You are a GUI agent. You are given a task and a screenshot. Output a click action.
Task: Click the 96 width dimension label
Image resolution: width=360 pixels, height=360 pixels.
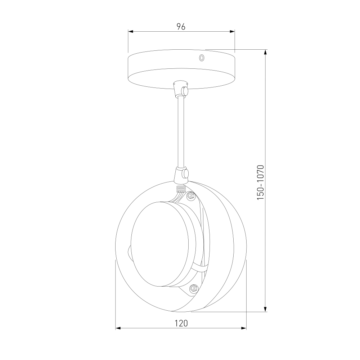point(181,27)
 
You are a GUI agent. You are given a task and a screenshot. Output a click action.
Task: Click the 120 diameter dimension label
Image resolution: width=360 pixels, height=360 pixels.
point(181,323)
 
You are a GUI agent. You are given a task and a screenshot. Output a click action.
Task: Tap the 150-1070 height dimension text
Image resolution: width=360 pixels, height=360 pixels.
point(261,182)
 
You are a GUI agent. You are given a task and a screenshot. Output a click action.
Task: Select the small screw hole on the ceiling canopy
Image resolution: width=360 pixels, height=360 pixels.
point(202,58)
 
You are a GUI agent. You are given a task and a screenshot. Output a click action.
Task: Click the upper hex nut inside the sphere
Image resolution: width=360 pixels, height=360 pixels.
point(191,195)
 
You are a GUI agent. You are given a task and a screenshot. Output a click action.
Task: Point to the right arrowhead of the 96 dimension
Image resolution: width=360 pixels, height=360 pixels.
point(232,31)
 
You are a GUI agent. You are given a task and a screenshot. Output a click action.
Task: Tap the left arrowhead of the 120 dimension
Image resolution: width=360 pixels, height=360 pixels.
point(118,328)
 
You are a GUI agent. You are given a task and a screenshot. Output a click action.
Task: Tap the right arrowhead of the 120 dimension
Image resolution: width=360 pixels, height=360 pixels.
point(243,328)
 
